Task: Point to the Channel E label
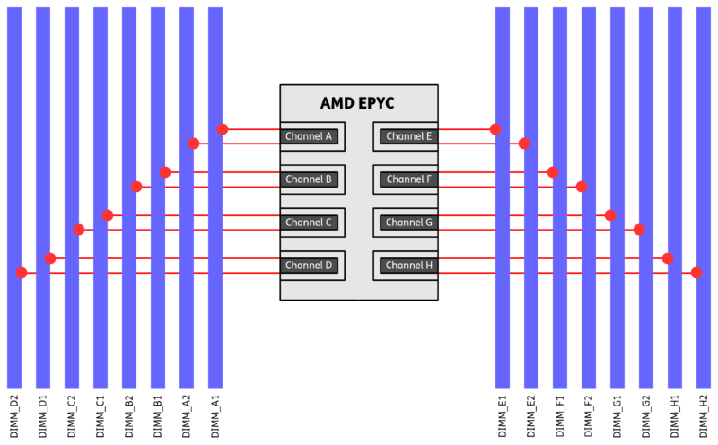tap(409, 136)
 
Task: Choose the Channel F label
tap(409, 179)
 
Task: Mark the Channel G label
tap(409, 222)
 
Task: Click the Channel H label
tap(409, 266)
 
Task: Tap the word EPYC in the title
tap(378, 104)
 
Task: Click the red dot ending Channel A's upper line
tap(223, 129)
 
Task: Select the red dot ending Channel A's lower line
tap(195, 144)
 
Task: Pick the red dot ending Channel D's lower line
tap(22, 273)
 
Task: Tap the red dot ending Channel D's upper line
tap(51, 258)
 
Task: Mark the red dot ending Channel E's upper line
tap(495, 129)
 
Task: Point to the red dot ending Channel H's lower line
tap(696, 273)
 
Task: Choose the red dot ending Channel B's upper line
tap(166, 172)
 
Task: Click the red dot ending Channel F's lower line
tap(581, 187)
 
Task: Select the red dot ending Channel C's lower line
tap(80, 230)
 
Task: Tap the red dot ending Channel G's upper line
tap(609, 215)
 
